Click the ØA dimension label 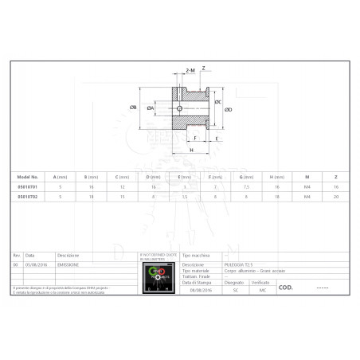click(x=150, y=108)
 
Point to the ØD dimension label click(x=229, y=110)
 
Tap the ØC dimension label click(x=218, y=102)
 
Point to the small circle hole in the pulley click(x=180, y=108)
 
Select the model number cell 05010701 click(x=28, y=185)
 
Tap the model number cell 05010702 click(x=28, y=194)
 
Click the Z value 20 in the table click(x=335, y=194)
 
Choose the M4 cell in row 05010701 click(x=306, y=185)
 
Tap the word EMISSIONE click(x=68, y=264)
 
